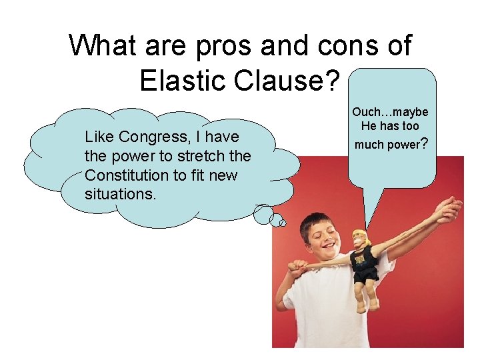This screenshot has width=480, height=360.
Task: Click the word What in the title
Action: [102, 46]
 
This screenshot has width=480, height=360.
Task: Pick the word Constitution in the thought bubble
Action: [127, 175]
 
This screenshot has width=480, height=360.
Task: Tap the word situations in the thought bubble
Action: [117, 194]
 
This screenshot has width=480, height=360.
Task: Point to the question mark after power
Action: [424, 143]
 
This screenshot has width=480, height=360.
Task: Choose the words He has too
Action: [390, 126]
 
